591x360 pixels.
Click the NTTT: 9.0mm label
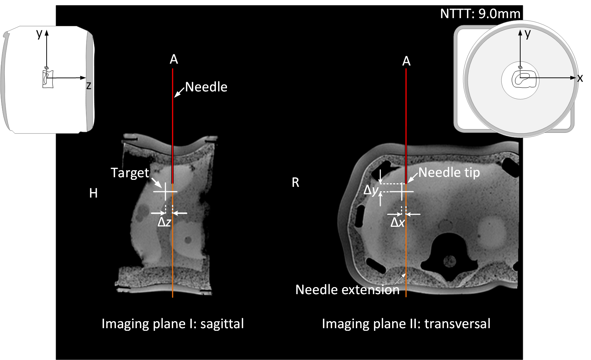point(480,14)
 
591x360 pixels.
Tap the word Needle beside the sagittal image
point(206,87)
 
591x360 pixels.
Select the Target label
point(130,173)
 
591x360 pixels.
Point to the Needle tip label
point(449,172)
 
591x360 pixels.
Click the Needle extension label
point(347,290)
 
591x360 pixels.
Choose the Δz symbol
point(164,222)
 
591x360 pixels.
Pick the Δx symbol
point(398,222)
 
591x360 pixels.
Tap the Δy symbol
point(371,190)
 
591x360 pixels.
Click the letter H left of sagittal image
point(93,193)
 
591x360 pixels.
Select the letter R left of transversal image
point(295,182)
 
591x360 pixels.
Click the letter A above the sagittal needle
point(174,60)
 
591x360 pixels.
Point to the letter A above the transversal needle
point(406,61)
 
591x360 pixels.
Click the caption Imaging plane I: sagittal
point(173,324)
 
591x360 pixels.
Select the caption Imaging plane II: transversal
point(406,324)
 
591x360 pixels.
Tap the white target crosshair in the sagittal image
point(166,191)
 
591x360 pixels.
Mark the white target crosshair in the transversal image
point(402,191)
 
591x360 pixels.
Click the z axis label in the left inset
point(89,86)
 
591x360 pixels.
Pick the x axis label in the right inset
point(580,78)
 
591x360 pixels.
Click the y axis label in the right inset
point(528,34)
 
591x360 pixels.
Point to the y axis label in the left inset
point(39,34)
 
